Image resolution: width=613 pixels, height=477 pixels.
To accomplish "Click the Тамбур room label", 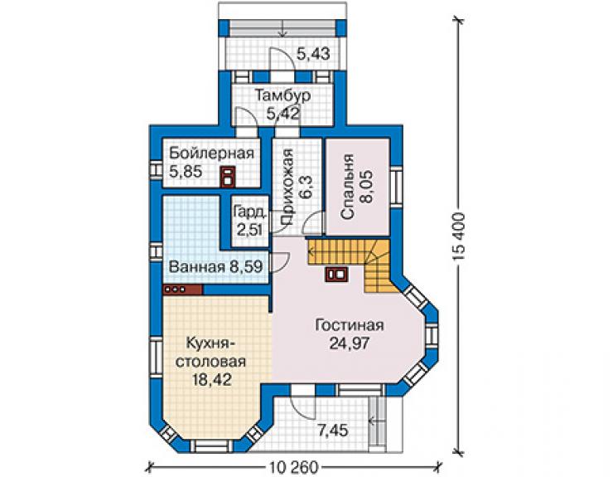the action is [x=282, y=95].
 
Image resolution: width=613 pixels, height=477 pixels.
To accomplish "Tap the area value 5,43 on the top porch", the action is [x=313, y=53].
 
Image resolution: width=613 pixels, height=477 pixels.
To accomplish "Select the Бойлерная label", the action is [x=211, y=153].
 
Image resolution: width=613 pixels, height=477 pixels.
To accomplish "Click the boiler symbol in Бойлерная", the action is [x=229, y=176].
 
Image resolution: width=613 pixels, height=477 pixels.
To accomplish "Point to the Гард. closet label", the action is [x=249, y=212].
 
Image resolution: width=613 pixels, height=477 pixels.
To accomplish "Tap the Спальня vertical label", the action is [x=348, y=187].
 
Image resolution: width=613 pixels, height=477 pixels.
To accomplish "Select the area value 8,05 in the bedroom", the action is [x=368, y=186].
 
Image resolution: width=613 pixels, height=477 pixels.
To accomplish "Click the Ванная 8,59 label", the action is [x=215, y=267].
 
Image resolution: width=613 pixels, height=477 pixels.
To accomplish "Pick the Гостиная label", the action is [x=350, y=325].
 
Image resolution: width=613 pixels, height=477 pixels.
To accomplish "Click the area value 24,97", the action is [x=349, y=343].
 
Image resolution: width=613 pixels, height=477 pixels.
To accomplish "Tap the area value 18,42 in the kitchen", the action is [x=211, y=379].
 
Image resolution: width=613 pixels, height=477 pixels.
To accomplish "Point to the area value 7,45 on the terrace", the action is [x=332, y=431].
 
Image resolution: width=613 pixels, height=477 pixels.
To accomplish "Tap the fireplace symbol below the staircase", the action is [x=335, y=274].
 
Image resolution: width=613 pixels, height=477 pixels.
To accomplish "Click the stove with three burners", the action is [x=182, y=290].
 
